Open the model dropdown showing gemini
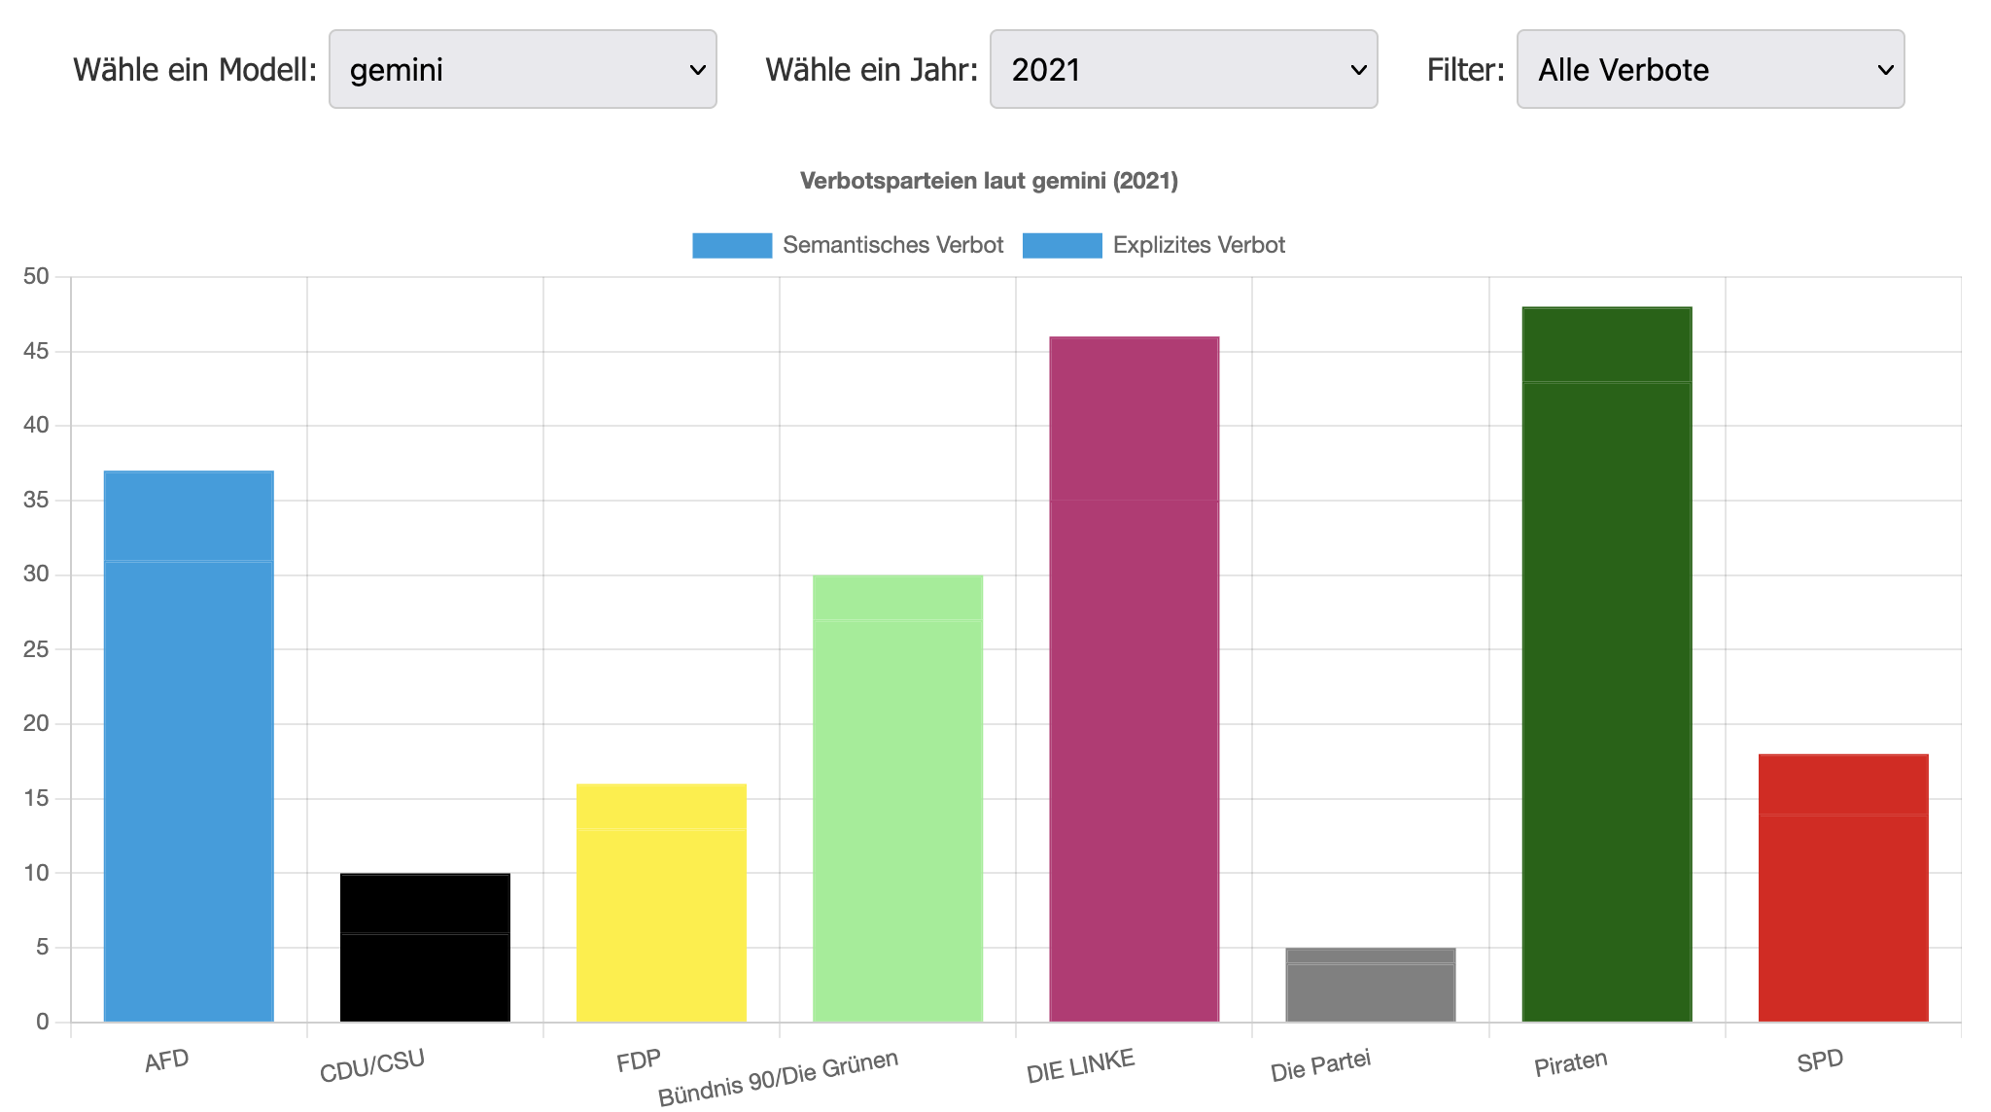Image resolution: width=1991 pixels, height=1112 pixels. point(523,69)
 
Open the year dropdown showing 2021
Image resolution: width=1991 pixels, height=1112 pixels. point(1183,69)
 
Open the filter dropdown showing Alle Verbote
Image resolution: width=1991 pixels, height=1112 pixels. point(1710,69)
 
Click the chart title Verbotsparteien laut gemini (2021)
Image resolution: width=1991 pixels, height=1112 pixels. point(989,181)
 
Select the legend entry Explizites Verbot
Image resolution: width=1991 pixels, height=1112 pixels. point(1154,245)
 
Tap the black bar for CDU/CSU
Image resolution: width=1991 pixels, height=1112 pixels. point(425,948)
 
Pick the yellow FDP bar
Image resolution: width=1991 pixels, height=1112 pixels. point(661,903)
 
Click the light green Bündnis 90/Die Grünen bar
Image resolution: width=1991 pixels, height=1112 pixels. point(897,799)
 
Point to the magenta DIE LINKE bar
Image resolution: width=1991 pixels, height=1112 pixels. point(1134,679)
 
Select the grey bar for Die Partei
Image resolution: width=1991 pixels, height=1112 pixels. point(1370,985)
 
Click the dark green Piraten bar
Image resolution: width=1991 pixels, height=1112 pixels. point(1607,665)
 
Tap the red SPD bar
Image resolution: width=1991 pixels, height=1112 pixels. point(1843,888)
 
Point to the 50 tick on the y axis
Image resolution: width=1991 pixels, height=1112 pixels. point(36,277)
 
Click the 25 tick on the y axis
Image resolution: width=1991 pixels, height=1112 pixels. point(36,649)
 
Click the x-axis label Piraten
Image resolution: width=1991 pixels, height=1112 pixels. point(1570,1063)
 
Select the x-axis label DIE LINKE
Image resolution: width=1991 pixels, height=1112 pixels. point(1080,1066)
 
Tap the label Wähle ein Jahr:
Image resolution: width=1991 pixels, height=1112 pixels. point(871,70)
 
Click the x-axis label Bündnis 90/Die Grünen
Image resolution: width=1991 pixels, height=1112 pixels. point(778,1078)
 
